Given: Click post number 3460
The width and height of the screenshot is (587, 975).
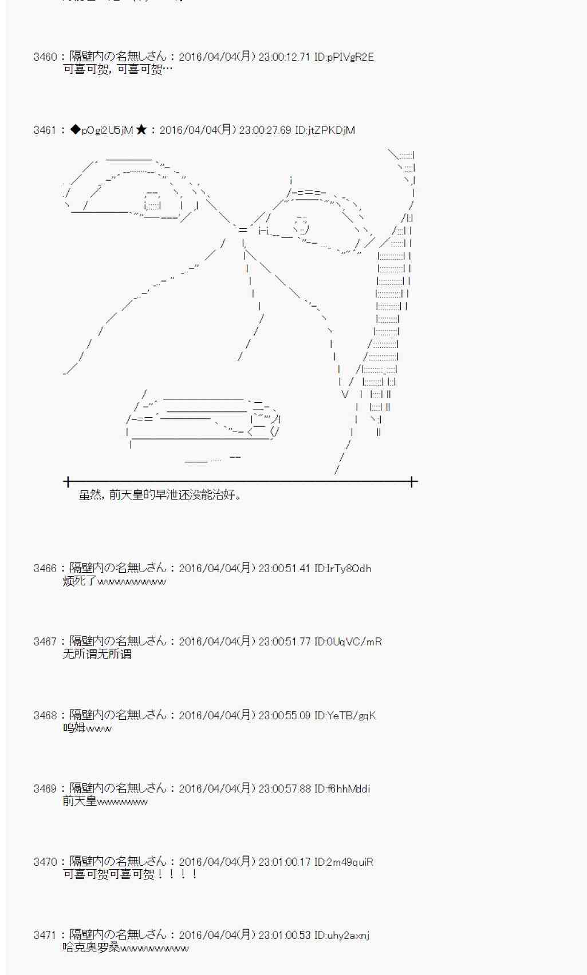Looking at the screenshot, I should coord(45,57).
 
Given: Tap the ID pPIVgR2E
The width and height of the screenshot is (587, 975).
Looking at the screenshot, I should coord(344,57).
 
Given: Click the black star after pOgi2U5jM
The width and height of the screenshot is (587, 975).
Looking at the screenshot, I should coord(141,130).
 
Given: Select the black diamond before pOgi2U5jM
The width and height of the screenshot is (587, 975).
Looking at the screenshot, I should coord(75,130).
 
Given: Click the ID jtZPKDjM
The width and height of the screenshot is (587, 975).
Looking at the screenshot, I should coord(325,130).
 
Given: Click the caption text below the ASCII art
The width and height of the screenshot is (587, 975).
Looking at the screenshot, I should coord(160,495).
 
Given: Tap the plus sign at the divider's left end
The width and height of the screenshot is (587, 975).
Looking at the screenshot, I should coord(68,482).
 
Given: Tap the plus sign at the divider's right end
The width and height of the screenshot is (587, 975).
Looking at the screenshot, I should coord(412,482).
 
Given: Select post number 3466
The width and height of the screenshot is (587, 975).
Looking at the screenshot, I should coord(45,568).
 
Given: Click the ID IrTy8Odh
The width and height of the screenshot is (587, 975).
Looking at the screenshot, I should coord(342,568).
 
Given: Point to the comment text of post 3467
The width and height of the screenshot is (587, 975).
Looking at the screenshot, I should coord(97,654).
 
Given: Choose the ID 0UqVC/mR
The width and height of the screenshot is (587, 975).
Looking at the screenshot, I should coord(348,641).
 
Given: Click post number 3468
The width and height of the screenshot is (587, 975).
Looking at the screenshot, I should coord(45,715).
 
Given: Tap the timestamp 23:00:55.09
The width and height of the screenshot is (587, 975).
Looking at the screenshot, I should coord(284,715).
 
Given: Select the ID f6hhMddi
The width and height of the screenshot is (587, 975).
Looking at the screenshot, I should coord(342,788).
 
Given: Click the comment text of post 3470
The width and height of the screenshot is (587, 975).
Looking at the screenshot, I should coord(130,874).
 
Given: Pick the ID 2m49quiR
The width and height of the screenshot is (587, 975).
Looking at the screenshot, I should coord(344,862).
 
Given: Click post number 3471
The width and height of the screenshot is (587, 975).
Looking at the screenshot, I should coord(45,935).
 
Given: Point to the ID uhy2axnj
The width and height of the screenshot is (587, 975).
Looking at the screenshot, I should coord(341,935).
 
